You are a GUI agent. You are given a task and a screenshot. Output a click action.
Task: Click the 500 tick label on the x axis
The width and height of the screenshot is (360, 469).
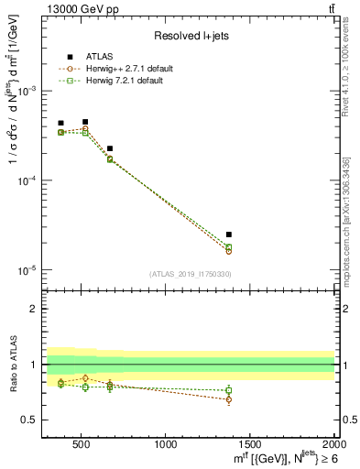coord(81,446)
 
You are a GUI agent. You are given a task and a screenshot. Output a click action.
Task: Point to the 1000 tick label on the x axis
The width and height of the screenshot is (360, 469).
coord(166,446)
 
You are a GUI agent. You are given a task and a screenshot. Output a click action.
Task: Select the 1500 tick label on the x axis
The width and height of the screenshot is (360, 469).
coord(250,446)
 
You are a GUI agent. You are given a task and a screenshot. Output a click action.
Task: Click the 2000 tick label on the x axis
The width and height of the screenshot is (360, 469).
coord(333,446)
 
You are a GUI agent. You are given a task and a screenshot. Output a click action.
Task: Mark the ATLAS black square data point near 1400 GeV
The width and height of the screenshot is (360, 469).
coord(229,234)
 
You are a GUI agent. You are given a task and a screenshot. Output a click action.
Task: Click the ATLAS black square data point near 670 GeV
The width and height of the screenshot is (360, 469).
coord(110,148)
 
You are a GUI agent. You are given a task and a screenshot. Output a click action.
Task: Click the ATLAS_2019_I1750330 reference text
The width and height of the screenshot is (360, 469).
coord(189,274)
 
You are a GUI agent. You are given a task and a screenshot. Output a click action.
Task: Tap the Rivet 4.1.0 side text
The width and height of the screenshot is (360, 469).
coord(345,73)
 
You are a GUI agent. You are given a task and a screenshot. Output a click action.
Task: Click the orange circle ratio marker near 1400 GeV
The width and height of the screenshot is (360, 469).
coord(229,399)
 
